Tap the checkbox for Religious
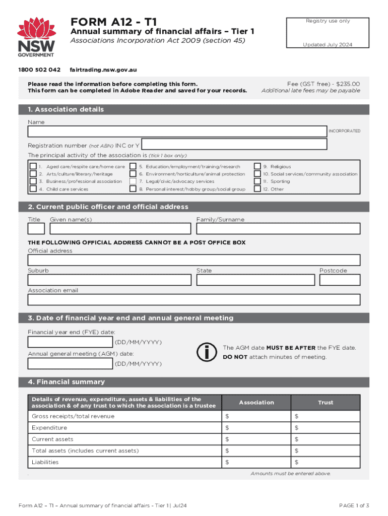[257, 166]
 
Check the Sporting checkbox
[257, 181]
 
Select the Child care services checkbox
[33, 189]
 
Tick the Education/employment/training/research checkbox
[133, 166]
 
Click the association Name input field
[177, 132]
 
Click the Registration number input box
[234, 145]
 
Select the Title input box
[36, 229]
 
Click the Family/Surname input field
[278, 229]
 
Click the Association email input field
[194, 300]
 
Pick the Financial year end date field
[71, 343]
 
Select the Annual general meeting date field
[71, 364]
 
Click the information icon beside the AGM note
[206, 352]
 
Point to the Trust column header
[326, 403]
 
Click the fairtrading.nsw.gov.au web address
[103, 69]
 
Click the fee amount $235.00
[346, 84]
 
